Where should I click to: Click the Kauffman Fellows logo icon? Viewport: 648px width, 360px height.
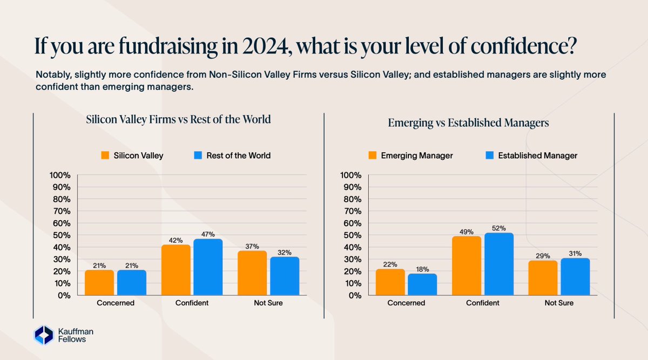43,335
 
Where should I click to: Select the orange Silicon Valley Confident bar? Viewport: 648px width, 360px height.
176,270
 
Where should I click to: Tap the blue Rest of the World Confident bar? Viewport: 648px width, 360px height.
208,267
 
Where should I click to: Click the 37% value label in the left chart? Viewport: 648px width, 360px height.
253,246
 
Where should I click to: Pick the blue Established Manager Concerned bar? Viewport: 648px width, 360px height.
422,284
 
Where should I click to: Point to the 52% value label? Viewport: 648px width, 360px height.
498,228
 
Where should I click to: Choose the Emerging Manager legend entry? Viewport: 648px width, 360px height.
410,155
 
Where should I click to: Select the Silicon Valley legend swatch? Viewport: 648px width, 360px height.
106,155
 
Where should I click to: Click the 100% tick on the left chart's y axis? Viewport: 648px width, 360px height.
60,175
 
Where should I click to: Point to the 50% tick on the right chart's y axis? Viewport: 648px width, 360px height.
352,235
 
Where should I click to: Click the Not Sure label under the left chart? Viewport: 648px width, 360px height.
268,303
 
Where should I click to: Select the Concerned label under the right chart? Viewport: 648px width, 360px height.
406,303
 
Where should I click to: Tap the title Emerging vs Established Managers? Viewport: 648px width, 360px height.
468,123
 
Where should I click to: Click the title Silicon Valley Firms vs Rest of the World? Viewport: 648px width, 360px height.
178,120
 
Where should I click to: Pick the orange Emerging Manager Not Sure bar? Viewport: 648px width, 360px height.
543,278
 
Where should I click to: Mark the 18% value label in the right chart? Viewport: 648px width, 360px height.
422,269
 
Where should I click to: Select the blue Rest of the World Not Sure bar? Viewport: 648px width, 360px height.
284,276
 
